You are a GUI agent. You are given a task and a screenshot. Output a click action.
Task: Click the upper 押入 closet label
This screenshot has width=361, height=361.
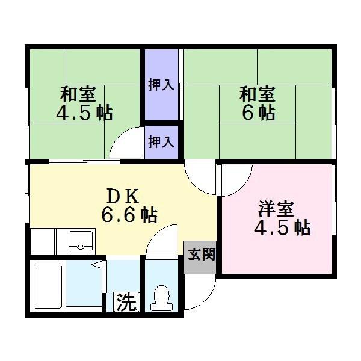(x=161, y=85)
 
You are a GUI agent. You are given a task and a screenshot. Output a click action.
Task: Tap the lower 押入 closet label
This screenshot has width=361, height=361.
(x=161, y=142)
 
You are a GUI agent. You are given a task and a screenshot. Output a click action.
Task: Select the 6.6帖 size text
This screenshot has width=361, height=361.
(x=129, y=214)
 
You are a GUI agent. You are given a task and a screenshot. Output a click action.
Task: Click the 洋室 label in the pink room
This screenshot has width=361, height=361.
(x=276, y=210)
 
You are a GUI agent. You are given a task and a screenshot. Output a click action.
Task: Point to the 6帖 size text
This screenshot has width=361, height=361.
(x=259, y=113)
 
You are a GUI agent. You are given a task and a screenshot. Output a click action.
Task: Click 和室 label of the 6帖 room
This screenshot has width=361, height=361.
(x=258, y=94)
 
